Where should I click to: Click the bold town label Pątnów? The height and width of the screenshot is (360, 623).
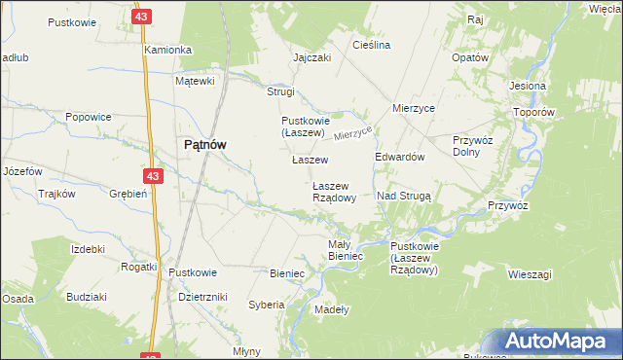click(x=205, y=144)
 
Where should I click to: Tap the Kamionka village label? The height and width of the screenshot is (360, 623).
click(x=167, y=49)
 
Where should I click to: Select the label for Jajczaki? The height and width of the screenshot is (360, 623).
click(x=312, y=57)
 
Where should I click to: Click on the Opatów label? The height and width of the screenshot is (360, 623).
click(x=470, y=57)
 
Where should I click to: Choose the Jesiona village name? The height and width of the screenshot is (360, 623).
click(x=527, y=86)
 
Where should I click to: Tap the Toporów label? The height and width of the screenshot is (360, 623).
click(x=534, y=112)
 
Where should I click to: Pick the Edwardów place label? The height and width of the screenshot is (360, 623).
click(x=400, y=157)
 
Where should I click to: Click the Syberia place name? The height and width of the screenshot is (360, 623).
click(x=266, y=305)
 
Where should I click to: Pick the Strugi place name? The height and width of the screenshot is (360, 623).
click(x=280, y=91)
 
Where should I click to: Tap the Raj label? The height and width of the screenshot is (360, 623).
click(x=476, y=19)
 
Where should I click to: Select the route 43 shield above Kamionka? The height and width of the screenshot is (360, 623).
click(x=143, y=18)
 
